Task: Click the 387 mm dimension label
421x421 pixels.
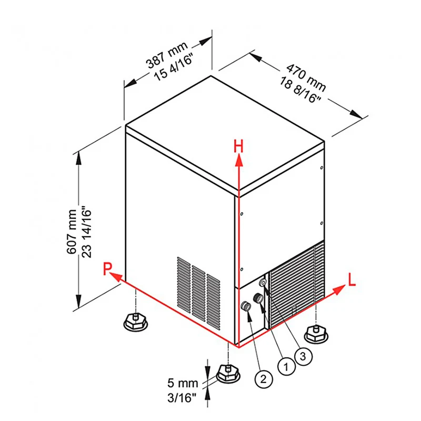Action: click(x=166, y=55)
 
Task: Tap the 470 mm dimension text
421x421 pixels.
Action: click(x=306, y=77)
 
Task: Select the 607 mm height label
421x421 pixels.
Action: click(x=72, y=232)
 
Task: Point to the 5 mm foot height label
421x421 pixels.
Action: click(x=183, y=383)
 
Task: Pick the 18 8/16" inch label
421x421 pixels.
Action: click(x=300, y=90)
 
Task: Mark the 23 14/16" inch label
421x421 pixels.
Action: click(x=86, y=232)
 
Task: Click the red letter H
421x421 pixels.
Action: click(x=238, y=147)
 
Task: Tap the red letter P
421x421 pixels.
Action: click(x=107, y=269)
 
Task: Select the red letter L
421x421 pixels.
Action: click(x=352, y=279)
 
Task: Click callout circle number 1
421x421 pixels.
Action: click(x=286, y=366)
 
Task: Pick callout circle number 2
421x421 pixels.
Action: click(x=263, y=379)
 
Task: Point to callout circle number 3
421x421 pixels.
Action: click(x=303, y=357)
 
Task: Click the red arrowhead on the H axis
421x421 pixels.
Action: click(x=238, y=162)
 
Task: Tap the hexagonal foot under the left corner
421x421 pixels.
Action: click(x=136, y=322)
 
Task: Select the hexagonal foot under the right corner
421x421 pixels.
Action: click(x=316, y=334)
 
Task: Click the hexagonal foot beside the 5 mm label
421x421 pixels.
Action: click(x=228, y=374)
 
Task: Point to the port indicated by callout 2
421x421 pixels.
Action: click(x=246, y=306)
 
